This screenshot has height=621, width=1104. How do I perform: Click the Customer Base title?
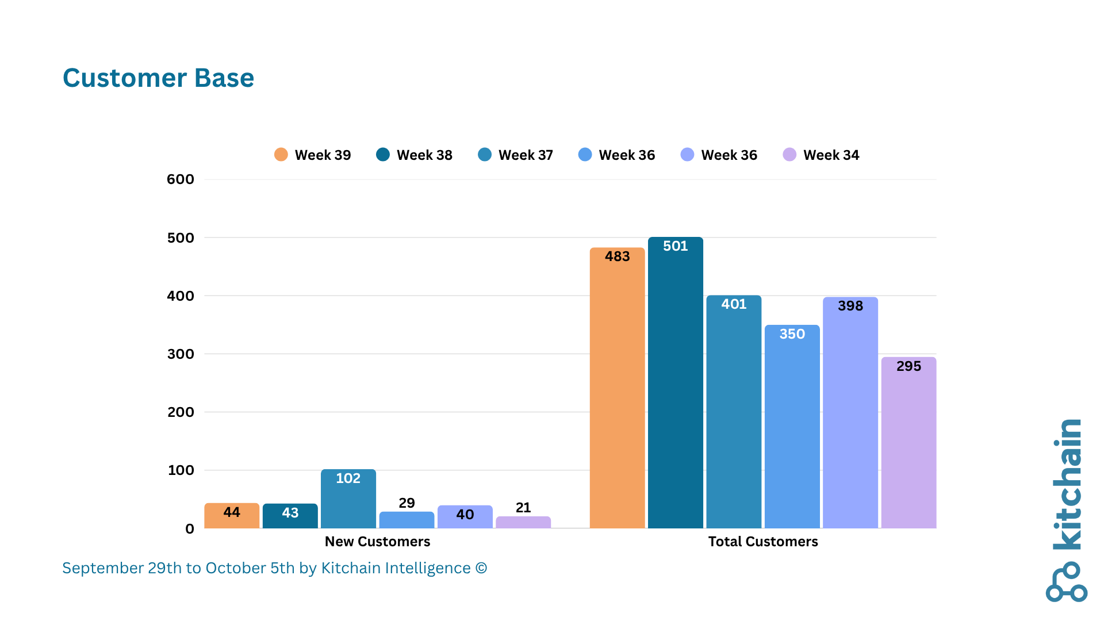pyautogui.click(x=158, y=78)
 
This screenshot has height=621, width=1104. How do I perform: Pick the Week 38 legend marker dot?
pyautogui.click(x=383, y=155)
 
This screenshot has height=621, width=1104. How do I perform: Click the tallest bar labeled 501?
pyautogui.click(x=675, y=382)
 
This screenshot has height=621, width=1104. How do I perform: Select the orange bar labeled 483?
pyautogui.click(x=617, y=388)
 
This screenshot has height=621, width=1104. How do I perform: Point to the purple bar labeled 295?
pyautogui.click(x=908, y=443)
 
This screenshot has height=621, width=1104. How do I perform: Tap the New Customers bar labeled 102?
pyautogui.click(x=348, y=499)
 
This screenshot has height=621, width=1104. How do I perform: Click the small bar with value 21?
pyautogui.click(x=523, y=522)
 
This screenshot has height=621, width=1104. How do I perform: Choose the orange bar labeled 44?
pyautogui.click(x=232, y=516)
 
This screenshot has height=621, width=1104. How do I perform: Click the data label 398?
pyautogui.click(x=850, y=306)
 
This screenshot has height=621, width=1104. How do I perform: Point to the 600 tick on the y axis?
pyautogui.click(x=181, y=179)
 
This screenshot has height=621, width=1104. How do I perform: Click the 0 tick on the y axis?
pyautogui.click(x=190, y=529)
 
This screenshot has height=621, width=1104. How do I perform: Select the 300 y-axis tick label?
pyautogui.click(x=181, y=354)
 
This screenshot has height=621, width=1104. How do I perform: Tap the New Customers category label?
pyautogui.click(x=377, y=542)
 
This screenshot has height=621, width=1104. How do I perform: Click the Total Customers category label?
pyautogui.click(x=763, y=542)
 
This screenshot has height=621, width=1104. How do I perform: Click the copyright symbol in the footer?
pyautogui.click(x=481, y=568)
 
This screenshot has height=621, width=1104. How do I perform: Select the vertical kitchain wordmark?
pyautogui.click(x=1067, y=484)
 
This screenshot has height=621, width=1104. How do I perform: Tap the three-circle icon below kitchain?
pyautogui.click(x=1067, y=582)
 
